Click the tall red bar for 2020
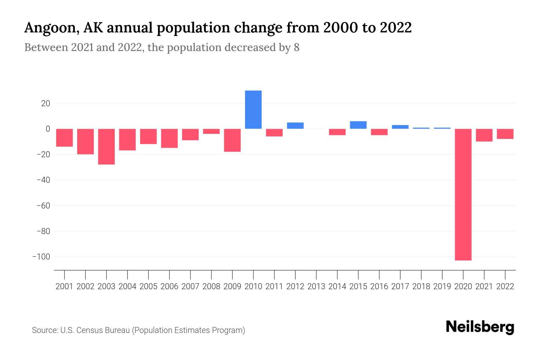(463, 194)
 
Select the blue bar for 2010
(253, 109)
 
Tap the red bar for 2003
(106, 146)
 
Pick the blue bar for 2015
(358, 125)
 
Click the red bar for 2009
(232, 140)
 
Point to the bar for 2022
(505, 134)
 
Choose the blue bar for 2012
(295, 125)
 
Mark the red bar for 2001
(64, 138)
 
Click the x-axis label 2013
(316, 286)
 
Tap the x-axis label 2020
(463, 286)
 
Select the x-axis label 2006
(169, 286)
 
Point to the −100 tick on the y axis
(41, 257)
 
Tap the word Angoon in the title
(50, 28)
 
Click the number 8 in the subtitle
(296, 47)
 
